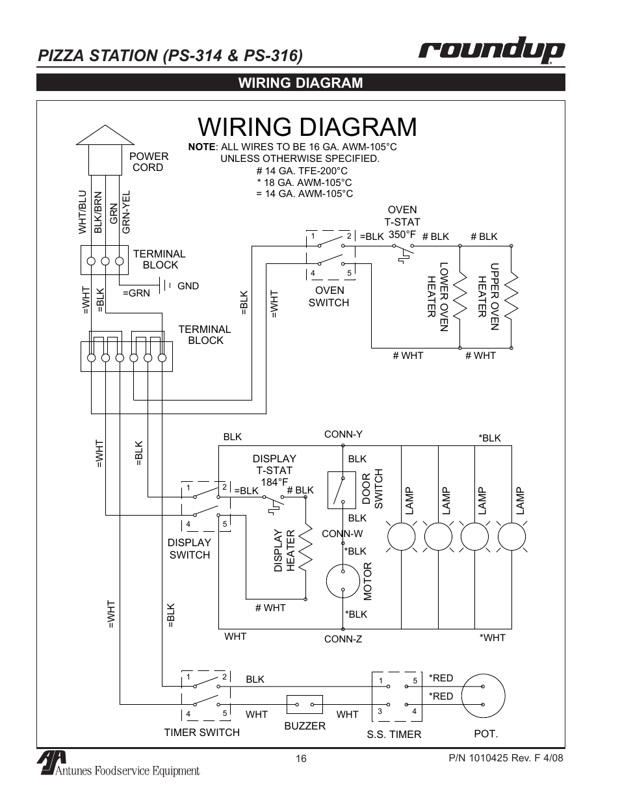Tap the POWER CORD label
pos(148,162)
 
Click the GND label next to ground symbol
pos(188,285)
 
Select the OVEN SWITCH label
pos(328,296)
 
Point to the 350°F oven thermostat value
pos(402,234)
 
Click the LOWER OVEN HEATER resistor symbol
pos(460,298)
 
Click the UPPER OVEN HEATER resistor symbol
pos(511,298)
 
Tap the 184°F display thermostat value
pos(274,482)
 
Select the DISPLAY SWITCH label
pos(189,549)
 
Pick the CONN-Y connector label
pos(342,434)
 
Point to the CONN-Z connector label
pos(342,639)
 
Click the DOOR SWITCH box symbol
pos(337,489)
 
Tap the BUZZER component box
pos(305,704)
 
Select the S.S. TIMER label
pos(394,734)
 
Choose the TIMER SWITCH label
pos(201,732)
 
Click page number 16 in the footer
pos(300,758)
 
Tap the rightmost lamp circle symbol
pos(511,537)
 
